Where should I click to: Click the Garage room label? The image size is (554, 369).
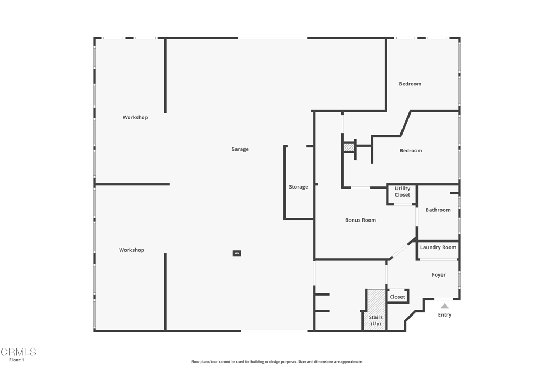point(240,149)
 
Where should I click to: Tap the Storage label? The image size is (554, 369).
point(299,187)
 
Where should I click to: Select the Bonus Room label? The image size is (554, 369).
point(360,220)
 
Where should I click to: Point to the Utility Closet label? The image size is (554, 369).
point(403,192)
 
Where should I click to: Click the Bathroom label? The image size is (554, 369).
point(438,210)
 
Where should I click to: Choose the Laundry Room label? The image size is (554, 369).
point(438,247)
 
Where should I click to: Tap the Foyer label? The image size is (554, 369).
point(438,275)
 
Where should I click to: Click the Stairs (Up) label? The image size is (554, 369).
point(376,320)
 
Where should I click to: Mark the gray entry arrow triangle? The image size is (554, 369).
point(445,306)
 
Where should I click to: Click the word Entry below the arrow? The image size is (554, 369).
point(445,314)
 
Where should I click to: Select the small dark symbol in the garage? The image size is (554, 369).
point(237,253)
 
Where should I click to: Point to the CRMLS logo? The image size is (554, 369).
point(18,352)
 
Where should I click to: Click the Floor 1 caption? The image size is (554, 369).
point(17,360)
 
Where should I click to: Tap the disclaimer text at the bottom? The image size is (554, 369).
point(276,361)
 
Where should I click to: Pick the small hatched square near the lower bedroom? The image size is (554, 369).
point(349,147)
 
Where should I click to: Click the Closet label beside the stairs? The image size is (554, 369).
point(397,297)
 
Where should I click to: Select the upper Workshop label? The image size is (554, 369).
point(135,117)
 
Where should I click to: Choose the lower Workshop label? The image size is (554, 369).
point(131,250)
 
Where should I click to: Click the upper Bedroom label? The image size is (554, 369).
point(410,84)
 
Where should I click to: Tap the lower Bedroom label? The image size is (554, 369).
point(411,151)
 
